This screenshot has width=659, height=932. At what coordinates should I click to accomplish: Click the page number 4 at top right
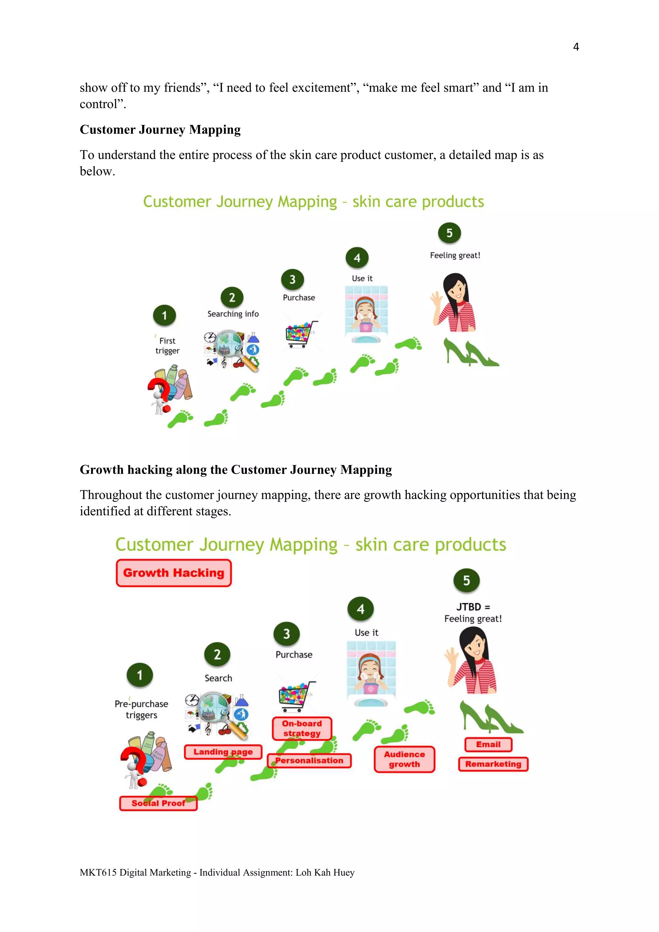[x=575, y=47]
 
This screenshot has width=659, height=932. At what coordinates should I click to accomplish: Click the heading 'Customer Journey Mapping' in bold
[x=160, y=129]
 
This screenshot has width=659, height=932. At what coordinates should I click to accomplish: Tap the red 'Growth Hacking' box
[x=174, y=573]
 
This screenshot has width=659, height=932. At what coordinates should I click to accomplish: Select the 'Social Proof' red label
[x=158, y=803]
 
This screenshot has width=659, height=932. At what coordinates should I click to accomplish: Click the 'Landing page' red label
[x=223, y=752]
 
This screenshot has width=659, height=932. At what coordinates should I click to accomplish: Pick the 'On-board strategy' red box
[x=302, y=728]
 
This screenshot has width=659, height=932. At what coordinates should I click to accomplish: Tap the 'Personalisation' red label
[x=309, y=760]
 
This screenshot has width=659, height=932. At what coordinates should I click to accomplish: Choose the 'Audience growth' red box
[x=404, y=759]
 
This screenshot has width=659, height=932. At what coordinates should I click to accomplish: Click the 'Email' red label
[x=488, y=744]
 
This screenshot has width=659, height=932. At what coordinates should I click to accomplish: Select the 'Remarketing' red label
[x=493, y=764]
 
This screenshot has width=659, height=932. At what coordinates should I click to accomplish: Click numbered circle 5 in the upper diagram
[x=449, y=233]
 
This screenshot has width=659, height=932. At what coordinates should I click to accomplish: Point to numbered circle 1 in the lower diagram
[x=140, y=675]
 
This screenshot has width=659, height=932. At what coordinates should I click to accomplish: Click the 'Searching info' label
[x=233, y=314]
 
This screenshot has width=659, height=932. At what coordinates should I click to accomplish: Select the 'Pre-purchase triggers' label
[x=141, y=709]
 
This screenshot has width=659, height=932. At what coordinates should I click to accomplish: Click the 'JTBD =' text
[x=473, y=607]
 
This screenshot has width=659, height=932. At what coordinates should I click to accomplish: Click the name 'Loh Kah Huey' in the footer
[x=325, y=872]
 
